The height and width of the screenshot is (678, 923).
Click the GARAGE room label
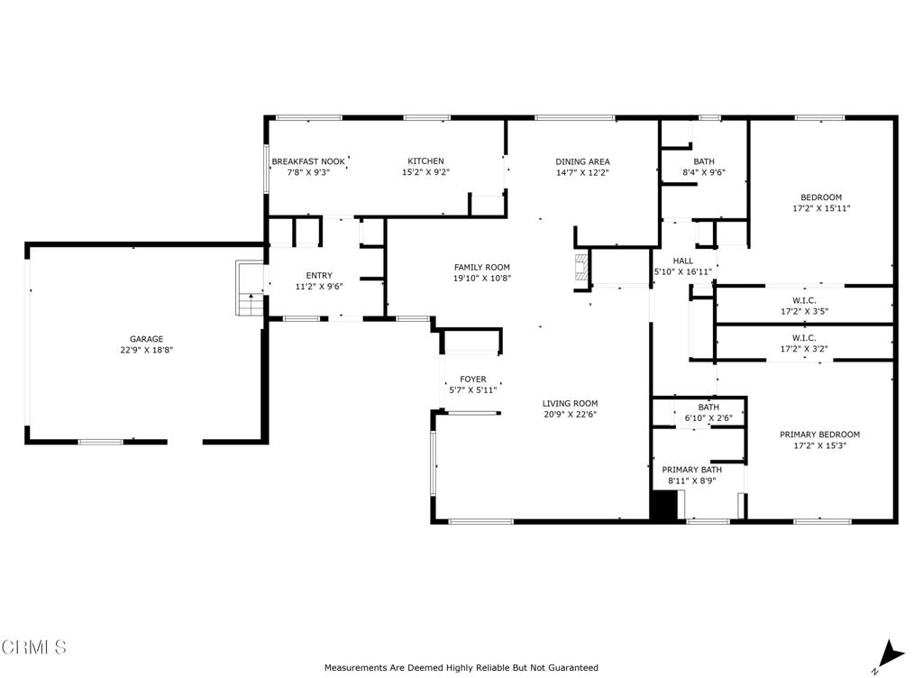[x=145, y=339]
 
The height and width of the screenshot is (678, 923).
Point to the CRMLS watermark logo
[x=34, y=646]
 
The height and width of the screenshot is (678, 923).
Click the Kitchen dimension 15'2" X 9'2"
[x=425, y=172]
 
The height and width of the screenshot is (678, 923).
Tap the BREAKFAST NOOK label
[x=307, y=161]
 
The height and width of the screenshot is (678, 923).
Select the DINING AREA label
[x=582, y=161]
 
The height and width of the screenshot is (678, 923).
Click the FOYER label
[x=473, y=380]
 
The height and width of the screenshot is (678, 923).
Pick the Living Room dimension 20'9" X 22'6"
[x=570, y=415]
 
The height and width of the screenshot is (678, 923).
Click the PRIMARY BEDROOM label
[x=819, y=434]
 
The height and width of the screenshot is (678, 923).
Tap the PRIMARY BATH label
[x=692, y=470]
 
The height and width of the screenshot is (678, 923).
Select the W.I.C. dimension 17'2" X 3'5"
[x=804, y=312]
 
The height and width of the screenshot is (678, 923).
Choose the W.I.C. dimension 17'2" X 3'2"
[x=804, y=348]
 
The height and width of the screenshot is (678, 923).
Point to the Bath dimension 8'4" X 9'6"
[x=704, y=172]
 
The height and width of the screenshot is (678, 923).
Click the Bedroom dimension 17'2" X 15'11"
[x=820, y=208]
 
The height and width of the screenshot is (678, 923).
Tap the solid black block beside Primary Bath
[x=663, y=506]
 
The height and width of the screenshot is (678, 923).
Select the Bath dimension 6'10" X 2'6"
[x=708, y=418]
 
